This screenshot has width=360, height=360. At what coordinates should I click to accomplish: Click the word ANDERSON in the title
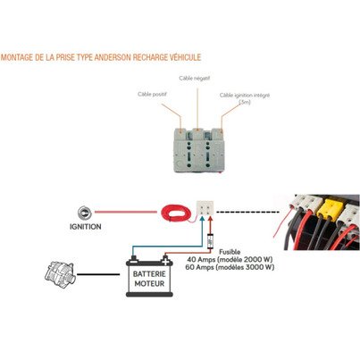(x=113, y=57)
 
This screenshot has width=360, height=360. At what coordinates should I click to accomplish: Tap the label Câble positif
(x=152, y=94)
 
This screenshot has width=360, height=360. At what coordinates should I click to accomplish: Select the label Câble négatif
(x=195, y=79)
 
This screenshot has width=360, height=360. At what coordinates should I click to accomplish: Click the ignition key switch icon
(x=85, y=213)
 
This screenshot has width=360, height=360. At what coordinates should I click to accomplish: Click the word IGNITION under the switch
(x=86, y=227)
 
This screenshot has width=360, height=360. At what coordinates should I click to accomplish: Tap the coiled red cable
(x=176, y=213)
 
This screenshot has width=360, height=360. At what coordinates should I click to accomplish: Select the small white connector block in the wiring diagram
(x=205, y=208)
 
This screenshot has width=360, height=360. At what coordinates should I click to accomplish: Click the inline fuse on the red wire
(x=210, y=241)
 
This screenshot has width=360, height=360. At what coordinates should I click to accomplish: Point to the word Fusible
(x=230, y=252)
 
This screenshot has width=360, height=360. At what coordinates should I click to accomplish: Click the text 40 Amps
(x=201, y=259)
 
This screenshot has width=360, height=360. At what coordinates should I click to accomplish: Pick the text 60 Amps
(x=199, y=267)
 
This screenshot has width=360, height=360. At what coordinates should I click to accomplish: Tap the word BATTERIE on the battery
(x=149, y=274)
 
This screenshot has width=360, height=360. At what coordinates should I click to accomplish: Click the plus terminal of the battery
(x=165, y=261)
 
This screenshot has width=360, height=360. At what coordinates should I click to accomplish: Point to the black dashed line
(x=247, y=212)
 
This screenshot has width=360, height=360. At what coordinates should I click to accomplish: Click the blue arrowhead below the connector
(x=202, y=219)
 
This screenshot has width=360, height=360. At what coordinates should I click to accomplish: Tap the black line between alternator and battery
(x=98, y=274)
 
